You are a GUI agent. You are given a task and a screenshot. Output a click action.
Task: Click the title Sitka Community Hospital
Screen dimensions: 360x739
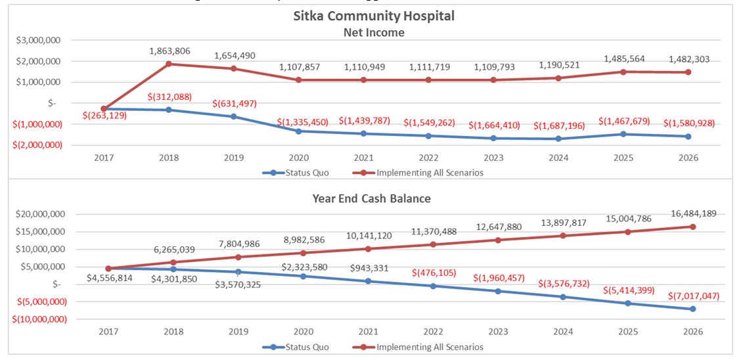click(x=374, y=15)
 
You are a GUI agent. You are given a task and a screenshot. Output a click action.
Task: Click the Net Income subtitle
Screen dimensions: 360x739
click(x=374, y=32)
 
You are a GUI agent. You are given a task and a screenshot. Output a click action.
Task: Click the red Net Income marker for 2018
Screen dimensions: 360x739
click(x=169, y=64)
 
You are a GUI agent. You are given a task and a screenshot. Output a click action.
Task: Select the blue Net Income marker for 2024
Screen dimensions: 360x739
click(x=558, y=139)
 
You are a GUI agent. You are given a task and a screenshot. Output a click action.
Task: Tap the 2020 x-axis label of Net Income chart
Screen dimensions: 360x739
click(x=299, y=158)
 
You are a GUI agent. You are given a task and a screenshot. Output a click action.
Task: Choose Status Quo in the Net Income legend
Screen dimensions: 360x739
click(x=304, y=173)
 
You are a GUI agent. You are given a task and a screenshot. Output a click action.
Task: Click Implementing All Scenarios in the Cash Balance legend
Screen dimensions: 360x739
click(x=430, y=347)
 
